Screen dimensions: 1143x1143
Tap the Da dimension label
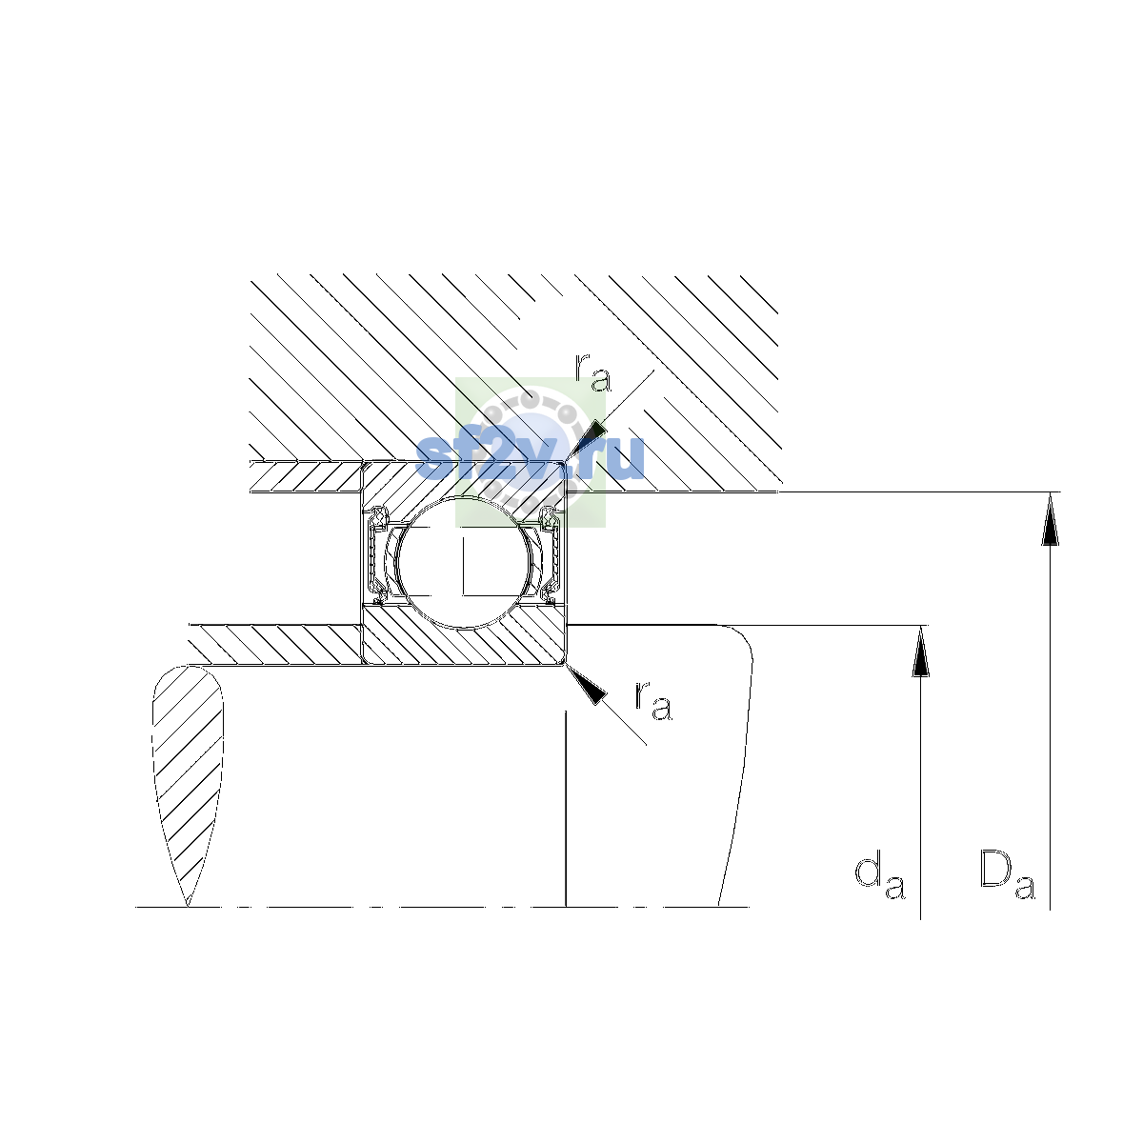pyautogui.click(x=1007, y=876)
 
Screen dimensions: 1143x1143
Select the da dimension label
pyautogui.click(x=880, y=876)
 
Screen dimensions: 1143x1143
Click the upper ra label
pyautogui.click(x=592, y=373)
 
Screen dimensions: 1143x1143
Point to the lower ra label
pyautogui.click(x=653, y=701)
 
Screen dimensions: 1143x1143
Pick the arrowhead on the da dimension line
pyautogui.click(x=920, y=651)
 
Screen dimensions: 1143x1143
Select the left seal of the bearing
pyautogui.click(x=377, y=555)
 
